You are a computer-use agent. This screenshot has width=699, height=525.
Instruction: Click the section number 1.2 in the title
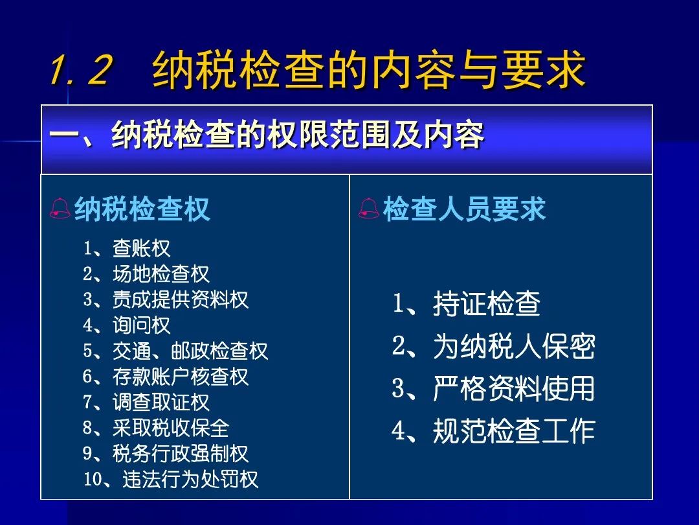80,69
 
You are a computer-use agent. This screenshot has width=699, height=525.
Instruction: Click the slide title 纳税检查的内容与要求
369,69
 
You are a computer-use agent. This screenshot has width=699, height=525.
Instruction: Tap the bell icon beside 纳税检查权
60,209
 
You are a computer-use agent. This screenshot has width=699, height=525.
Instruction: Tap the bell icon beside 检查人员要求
369,209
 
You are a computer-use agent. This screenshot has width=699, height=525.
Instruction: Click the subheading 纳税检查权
142,209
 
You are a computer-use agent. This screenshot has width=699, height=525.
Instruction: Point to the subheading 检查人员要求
464,209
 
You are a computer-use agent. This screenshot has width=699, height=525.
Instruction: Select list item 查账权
141,248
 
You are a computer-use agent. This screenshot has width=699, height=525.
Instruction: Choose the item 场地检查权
161,274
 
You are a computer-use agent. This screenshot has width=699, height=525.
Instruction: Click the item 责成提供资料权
181,299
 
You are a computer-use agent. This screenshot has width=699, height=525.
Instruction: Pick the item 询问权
141,325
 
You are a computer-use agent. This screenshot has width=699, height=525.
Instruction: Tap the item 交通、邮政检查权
190,351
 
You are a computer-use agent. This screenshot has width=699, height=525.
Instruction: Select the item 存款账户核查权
181,377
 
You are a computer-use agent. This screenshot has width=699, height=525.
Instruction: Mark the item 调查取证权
161,402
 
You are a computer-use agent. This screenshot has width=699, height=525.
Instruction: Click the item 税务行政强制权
181,454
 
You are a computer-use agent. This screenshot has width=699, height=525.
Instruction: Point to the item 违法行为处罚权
190,480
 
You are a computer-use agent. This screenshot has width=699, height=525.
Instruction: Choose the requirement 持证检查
487,303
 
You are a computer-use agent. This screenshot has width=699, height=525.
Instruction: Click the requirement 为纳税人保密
514,346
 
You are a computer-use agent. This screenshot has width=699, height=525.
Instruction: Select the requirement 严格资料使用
514,388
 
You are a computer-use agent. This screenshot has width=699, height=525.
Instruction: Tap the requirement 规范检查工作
514,431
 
